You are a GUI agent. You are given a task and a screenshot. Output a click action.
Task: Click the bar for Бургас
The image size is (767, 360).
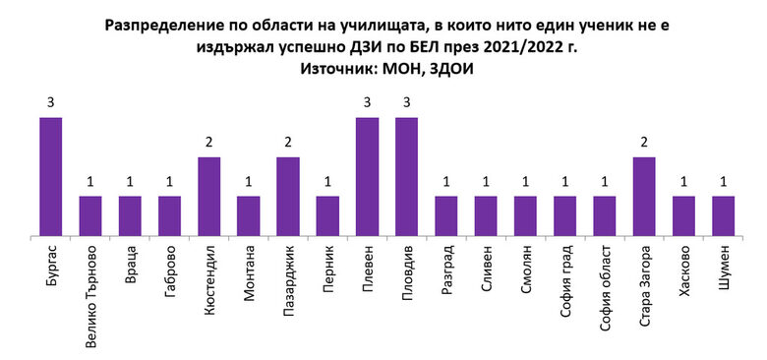pos(51,177)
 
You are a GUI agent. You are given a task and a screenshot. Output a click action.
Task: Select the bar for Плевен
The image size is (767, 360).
pos(367,177)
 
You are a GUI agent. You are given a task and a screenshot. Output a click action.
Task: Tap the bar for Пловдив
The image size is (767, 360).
pos(407,177)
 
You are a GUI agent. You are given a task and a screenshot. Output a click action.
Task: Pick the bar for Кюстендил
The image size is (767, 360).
pos(208,197)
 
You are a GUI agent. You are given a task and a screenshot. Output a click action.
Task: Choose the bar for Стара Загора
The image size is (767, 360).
pos(644,197)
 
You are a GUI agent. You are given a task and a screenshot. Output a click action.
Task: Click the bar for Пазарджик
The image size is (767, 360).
pos(288,197)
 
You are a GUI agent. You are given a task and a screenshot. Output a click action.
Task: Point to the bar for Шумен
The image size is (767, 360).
pos(723,216)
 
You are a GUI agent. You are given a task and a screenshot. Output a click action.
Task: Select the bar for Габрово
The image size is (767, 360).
pos(169,216)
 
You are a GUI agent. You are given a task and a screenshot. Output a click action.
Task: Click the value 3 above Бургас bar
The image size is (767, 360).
pos(51,101)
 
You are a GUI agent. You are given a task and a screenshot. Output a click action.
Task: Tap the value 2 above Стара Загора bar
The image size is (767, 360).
pos(644,141)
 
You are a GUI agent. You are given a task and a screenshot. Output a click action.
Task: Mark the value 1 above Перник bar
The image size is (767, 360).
pos(327,180)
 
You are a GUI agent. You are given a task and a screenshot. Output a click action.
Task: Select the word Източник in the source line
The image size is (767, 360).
pos(347,70)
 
